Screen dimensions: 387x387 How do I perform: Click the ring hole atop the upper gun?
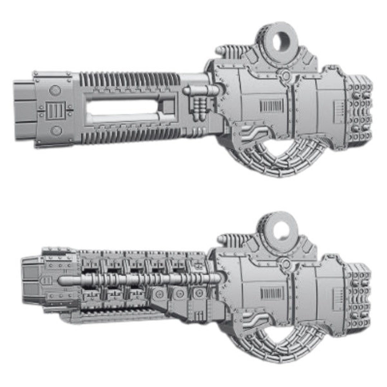[280, 42]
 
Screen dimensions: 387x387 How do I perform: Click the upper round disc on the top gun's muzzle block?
[55, 90]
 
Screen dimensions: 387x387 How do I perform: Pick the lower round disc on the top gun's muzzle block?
[56, 130]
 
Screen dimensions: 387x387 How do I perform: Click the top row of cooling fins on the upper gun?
[129, 79]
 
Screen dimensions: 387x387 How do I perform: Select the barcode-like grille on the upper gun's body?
[271, 106]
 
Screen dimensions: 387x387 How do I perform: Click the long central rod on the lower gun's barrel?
[140, 279]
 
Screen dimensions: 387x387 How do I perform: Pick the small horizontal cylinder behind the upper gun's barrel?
[201, 91]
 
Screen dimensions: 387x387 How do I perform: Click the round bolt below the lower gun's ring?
[286, 264]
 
